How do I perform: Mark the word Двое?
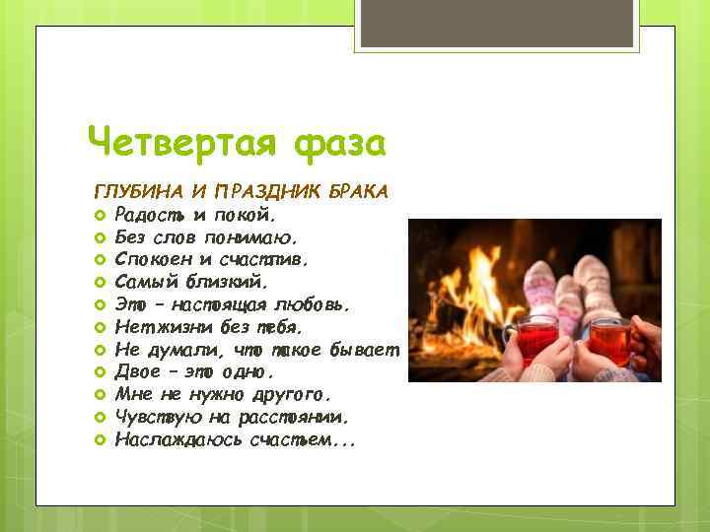coord(135,372)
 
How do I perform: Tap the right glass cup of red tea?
coord(609,341)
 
